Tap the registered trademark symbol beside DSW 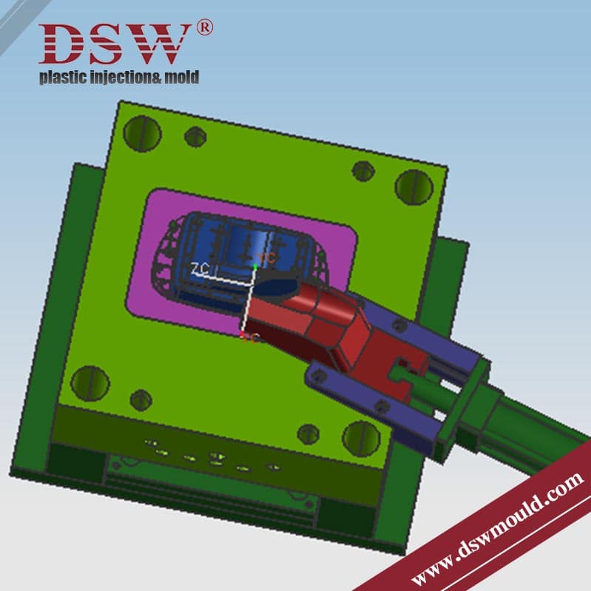[205, 29]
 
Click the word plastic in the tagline [62, 77]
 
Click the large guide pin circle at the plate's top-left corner [142, 132]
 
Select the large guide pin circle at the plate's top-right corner [413, 186]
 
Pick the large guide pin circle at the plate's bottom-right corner [360, 439]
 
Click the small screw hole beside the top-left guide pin [195, 137]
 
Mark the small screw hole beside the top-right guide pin [363, 171]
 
